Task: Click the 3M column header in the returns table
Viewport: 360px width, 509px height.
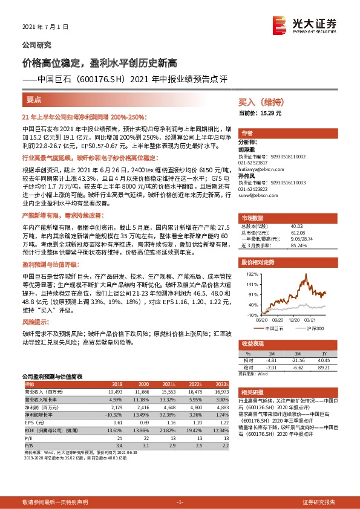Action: click(x=296, y=354)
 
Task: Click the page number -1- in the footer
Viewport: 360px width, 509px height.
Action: click(x=179, y=502)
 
